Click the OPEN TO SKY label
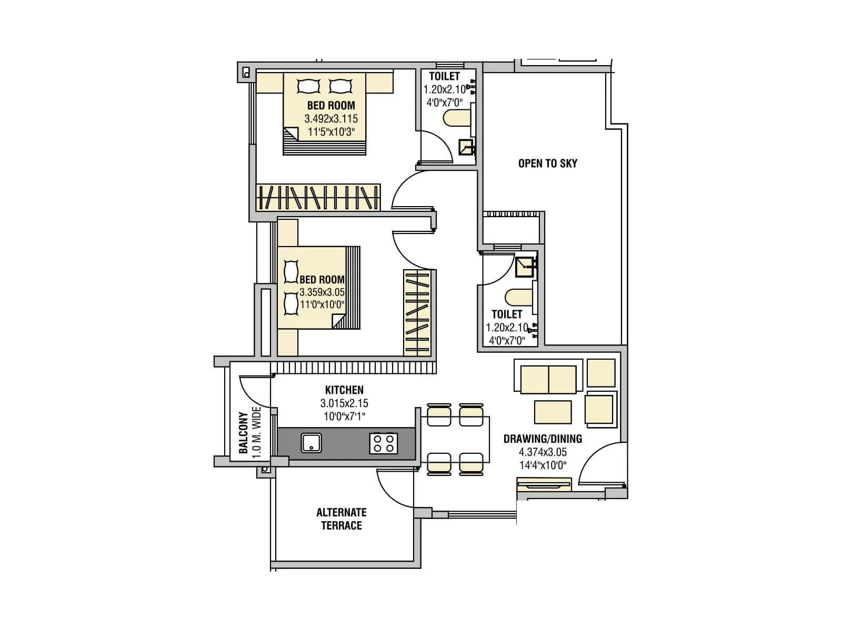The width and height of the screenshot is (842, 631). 547,164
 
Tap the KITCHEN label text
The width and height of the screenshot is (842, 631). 344,390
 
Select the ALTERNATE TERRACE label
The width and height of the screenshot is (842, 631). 342,519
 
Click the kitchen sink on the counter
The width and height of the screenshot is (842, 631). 312,443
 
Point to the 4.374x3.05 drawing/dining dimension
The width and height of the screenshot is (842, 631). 543,452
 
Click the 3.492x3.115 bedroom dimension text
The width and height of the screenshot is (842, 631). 331,119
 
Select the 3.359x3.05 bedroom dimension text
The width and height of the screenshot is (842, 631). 322,292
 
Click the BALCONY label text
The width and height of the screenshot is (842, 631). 243,433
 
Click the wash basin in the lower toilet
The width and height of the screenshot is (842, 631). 525,267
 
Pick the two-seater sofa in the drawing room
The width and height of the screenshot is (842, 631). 548,379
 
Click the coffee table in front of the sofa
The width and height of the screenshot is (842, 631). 553,412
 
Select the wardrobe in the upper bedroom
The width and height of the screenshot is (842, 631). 318,198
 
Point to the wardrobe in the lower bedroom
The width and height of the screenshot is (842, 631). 417,313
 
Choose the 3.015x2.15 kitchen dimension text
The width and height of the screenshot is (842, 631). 344,404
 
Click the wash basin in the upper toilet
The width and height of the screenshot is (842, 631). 466,148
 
